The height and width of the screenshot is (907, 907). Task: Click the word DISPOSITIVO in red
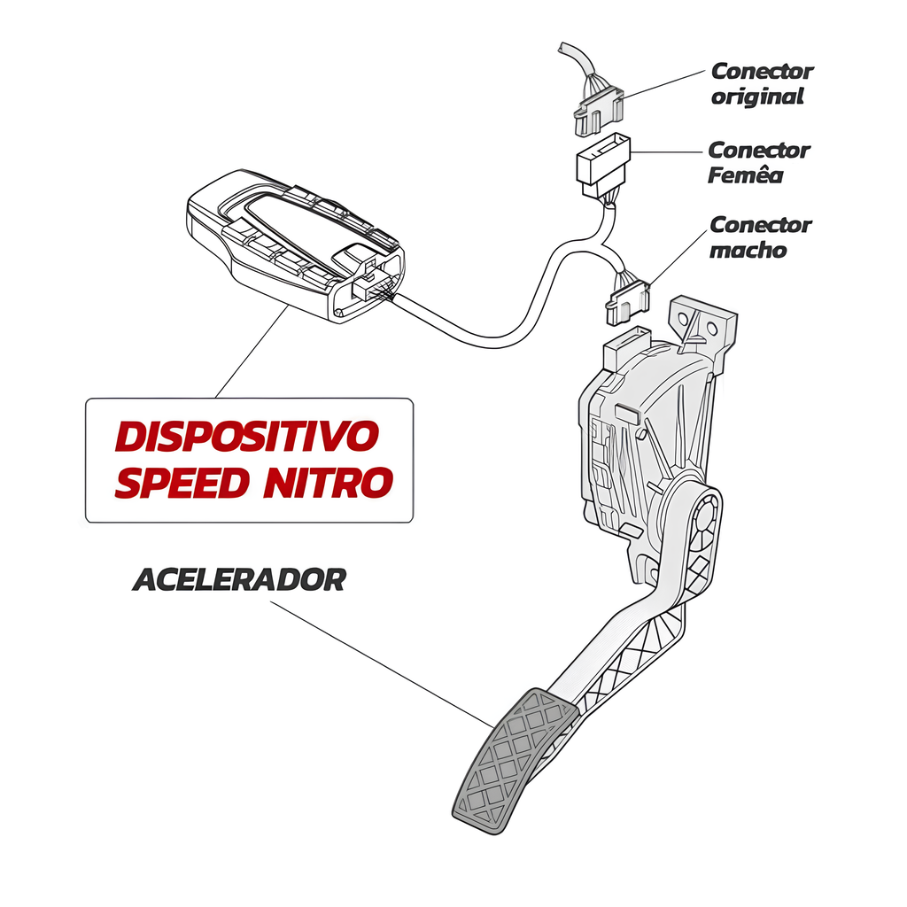click(x=247, y=436)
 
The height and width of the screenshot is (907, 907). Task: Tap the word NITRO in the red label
click(x=329, y=483)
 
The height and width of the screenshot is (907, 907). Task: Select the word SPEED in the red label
click(x=182, y=483)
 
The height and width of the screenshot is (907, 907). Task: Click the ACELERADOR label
click(x=239, y=579)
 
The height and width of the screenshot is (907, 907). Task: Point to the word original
click(x=757, y=97)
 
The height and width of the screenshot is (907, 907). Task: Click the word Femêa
click(x=746, y=174)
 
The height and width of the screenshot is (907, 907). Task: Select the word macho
click(x=748, y=250)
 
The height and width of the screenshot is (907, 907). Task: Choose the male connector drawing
click(x=627, y=302)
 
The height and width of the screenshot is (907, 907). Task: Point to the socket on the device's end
click(x=370, y=283)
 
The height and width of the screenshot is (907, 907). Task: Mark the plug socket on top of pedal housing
click(x=626, y=346)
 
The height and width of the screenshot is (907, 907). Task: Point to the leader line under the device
click(x=252, y=352)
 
